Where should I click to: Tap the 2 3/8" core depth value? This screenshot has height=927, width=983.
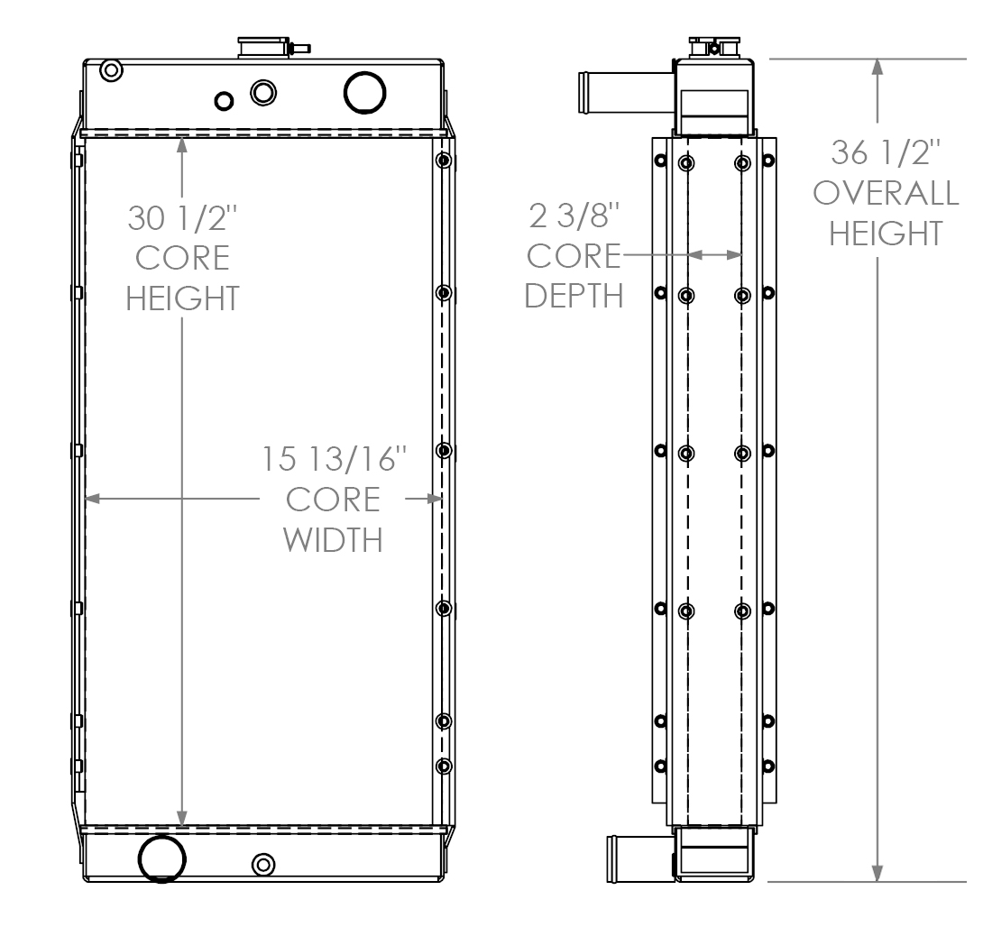(x=574, y=217)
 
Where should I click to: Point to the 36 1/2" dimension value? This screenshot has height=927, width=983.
(x=887, y=153)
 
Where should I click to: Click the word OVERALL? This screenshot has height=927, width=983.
(x=887, y=194)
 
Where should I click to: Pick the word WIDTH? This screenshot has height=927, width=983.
(x=334, y=540)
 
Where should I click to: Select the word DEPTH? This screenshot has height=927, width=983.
(x=574, y=296)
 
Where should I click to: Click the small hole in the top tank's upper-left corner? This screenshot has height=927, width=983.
(x=111, y=70)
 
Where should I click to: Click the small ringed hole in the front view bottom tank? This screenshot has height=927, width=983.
(x=263, y=865)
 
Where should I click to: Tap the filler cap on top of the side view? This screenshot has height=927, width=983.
(x=712, y=47)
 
